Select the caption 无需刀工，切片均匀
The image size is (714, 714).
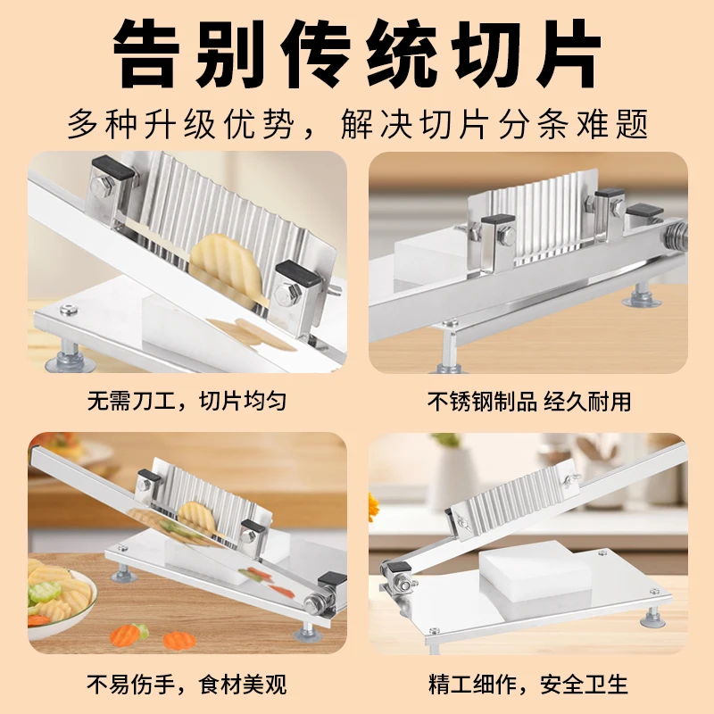point(187,401)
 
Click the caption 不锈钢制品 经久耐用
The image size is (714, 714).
point(528,401)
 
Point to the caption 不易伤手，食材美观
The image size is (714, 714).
point(187,684)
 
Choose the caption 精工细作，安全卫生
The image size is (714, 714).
point(528,684)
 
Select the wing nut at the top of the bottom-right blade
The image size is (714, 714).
point(571,477)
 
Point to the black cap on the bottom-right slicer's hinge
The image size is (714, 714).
point(397,568)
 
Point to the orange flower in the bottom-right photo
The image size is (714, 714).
point(373,506)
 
